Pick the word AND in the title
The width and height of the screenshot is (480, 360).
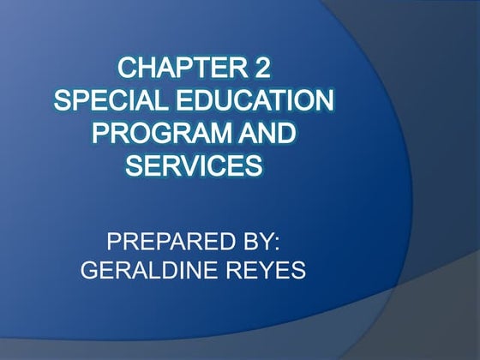(x=265, y=133)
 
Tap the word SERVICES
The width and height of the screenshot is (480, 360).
(x=194, y=165)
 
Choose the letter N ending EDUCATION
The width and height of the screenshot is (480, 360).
(x=323, y=100)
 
